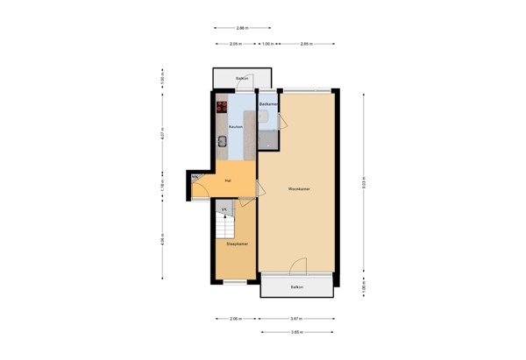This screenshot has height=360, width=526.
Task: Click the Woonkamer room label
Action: pos(296,188)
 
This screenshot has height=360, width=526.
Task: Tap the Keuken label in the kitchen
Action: pos(235,128)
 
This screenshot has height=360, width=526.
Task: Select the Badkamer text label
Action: pos(268,104)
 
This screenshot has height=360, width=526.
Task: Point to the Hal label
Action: pos(228,181)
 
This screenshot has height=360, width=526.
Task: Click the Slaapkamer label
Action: pos(237,244)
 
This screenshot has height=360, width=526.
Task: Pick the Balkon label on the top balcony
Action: pos(243,79)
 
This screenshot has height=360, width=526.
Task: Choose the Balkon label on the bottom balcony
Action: pos(297,287)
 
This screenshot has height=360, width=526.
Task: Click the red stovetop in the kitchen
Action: pos(222,108)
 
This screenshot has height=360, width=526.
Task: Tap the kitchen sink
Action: pos(222,141)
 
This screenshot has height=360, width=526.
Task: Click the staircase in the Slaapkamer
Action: pos(225,228)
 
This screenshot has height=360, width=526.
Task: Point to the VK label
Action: pos(224,210)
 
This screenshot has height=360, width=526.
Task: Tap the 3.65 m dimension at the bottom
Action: pos(297,333)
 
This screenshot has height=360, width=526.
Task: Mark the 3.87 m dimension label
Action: pos(297,319)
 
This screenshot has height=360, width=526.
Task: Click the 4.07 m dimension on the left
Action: pos(162,135)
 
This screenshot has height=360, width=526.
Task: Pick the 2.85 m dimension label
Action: pos(305,43)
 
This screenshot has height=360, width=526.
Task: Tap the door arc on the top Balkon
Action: pos(251,86)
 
